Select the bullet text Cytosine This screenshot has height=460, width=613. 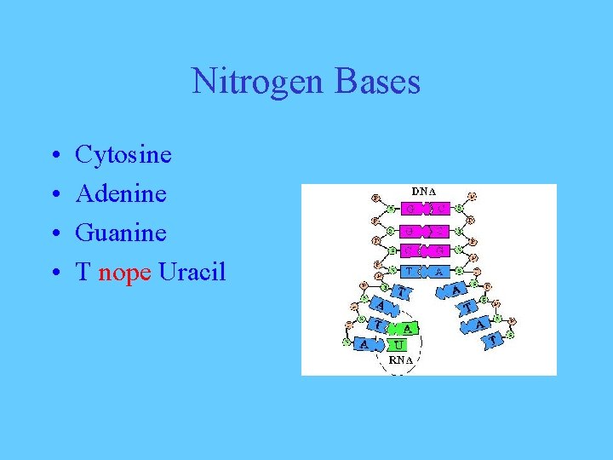[123, 155]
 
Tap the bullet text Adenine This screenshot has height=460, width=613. [121, 194]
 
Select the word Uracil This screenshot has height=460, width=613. [192, 273]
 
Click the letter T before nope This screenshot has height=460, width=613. [83, 273]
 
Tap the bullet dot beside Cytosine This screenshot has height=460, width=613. [54, 156]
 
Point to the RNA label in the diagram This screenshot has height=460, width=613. [401, 360]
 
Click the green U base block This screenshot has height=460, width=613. [398, 345]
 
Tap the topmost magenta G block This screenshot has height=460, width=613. [412, 209]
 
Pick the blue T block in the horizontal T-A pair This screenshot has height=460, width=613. [412, 271]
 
